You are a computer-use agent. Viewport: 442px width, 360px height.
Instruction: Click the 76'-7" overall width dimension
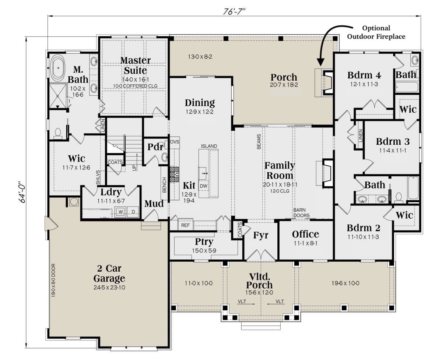(234, 12)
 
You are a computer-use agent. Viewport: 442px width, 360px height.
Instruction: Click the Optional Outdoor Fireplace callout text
(376, 32)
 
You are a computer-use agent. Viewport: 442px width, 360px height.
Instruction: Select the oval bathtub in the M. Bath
(58, 68)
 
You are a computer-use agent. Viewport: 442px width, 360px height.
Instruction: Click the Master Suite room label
(135, 65)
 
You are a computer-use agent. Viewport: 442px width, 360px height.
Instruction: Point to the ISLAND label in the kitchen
(209, 146)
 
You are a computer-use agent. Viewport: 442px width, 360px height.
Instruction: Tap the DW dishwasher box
(203, 186)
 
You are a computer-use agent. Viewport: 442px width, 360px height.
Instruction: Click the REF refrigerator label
(185, 225)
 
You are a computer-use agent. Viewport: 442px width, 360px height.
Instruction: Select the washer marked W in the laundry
(121, 212)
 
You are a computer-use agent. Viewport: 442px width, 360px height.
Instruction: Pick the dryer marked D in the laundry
(133, 212)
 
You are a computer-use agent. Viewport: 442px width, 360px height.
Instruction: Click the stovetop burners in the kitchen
(174, 174)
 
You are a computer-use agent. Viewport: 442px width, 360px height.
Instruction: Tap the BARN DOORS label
(301, 213)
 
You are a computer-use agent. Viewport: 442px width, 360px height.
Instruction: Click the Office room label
(305, 234)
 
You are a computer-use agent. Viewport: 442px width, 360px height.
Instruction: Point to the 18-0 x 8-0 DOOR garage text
(53, 280)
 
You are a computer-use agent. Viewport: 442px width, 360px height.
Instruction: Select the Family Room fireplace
(325, 173)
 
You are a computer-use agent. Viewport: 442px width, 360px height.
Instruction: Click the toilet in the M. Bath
(58, 134)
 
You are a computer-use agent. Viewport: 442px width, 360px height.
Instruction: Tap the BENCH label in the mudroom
(164, 185)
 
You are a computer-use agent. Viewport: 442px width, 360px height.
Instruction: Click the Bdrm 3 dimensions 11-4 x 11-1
(393, 150)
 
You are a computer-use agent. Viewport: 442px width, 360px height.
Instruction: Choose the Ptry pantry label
(204, 242)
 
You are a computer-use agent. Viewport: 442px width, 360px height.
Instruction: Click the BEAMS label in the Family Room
(259, 142)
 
